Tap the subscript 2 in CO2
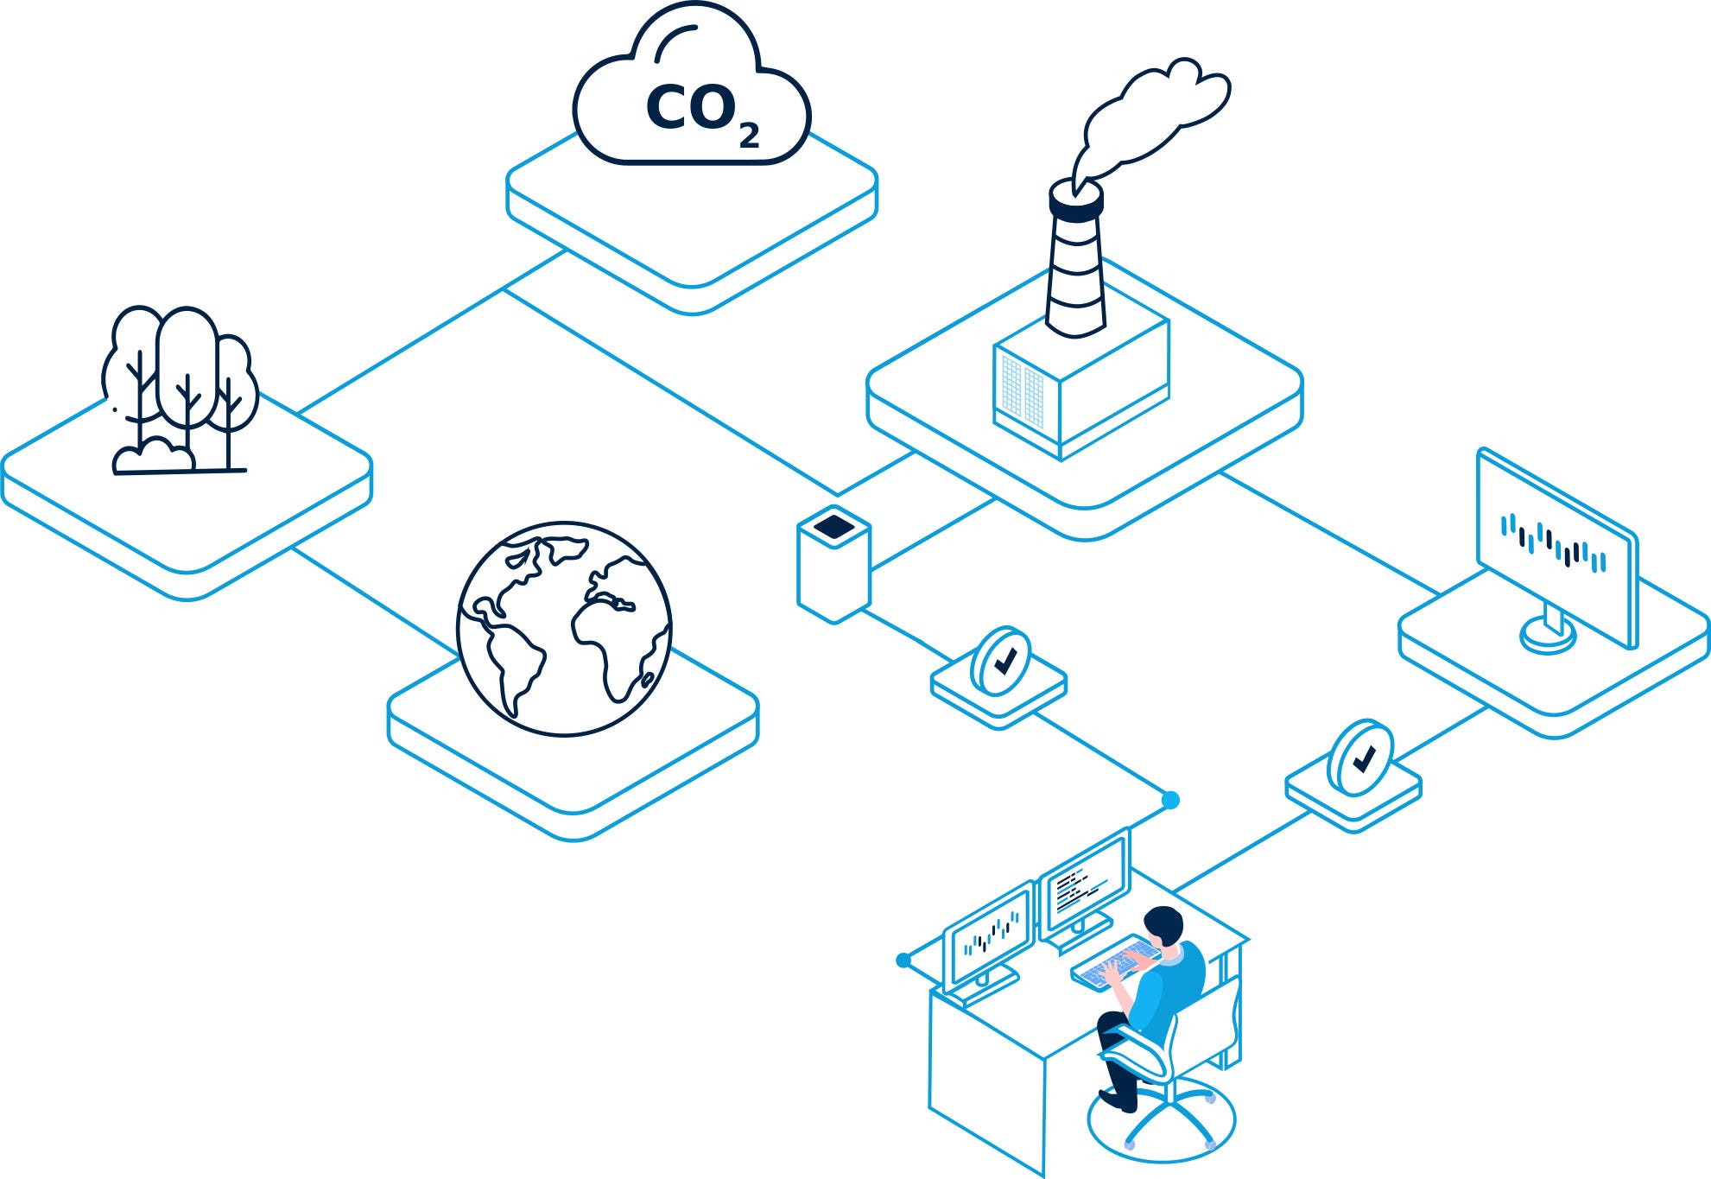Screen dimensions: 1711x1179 (x=749, y=135)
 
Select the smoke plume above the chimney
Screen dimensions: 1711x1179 (x=1149, y=121)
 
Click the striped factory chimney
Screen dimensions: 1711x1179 (x=1076, y=259)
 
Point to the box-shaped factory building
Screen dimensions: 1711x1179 (x=1081, y=389)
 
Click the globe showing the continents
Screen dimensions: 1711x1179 (x=564, y=630)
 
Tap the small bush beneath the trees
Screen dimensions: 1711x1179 (x=154, y=455)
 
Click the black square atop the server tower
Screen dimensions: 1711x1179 (x=833, y=526)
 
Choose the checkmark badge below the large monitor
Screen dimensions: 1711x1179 (x=1360, y=758)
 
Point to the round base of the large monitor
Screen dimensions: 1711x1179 (x=1548, y=636)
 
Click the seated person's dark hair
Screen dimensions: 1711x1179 (x=1163, y=925)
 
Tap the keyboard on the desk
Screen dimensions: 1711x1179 (x=1114, y=963)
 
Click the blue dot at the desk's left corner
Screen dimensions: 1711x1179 (x=903, y=960)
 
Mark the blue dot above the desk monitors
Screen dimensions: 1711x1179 (x=1170, y=801)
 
